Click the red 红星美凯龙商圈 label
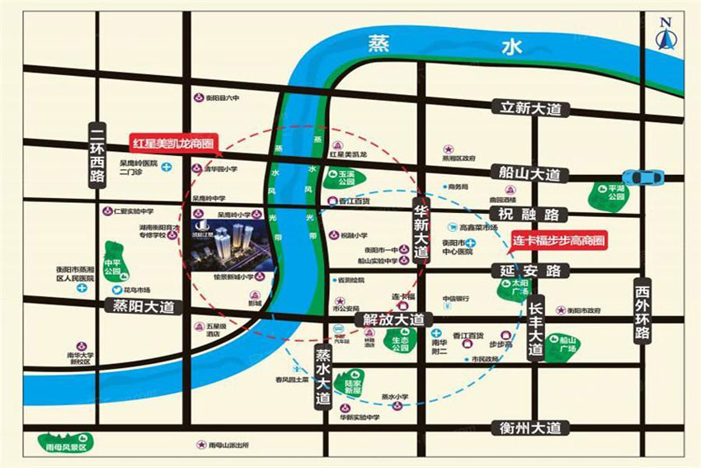point(173,142)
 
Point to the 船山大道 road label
point(529,174)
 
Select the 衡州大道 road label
point(530,428)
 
